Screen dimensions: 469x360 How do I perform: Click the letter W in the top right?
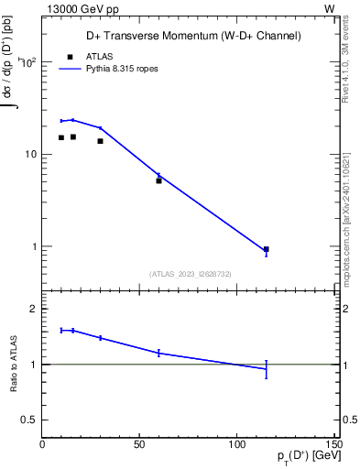click(330, 8)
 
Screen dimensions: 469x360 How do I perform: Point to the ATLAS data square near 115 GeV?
click(266, 249)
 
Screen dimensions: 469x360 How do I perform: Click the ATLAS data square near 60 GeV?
click(158, 180)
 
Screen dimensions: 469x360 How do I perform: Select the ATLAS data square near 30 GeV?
click(100, 141)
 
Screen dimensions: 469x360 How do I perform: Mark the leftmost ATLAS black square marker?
click(61, 137)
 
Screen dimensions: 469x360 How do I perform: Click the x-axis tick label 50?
click(139, 444)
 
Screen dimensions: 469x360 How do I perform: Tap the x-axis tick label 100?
click(236, 444)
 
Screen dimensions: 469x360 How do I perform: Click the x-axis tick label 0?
click(42, 444)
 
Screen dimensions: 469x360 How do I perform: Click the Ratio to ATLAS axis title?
click(16, 364)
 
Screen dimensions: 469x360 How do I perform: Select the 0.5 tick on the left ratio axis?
click(29, 420)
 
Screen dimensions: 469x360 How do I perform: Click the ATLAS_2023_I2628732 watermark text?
click(191, 273)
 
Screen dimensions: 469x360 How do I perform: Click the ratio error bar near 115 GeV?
click(266, 368)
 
